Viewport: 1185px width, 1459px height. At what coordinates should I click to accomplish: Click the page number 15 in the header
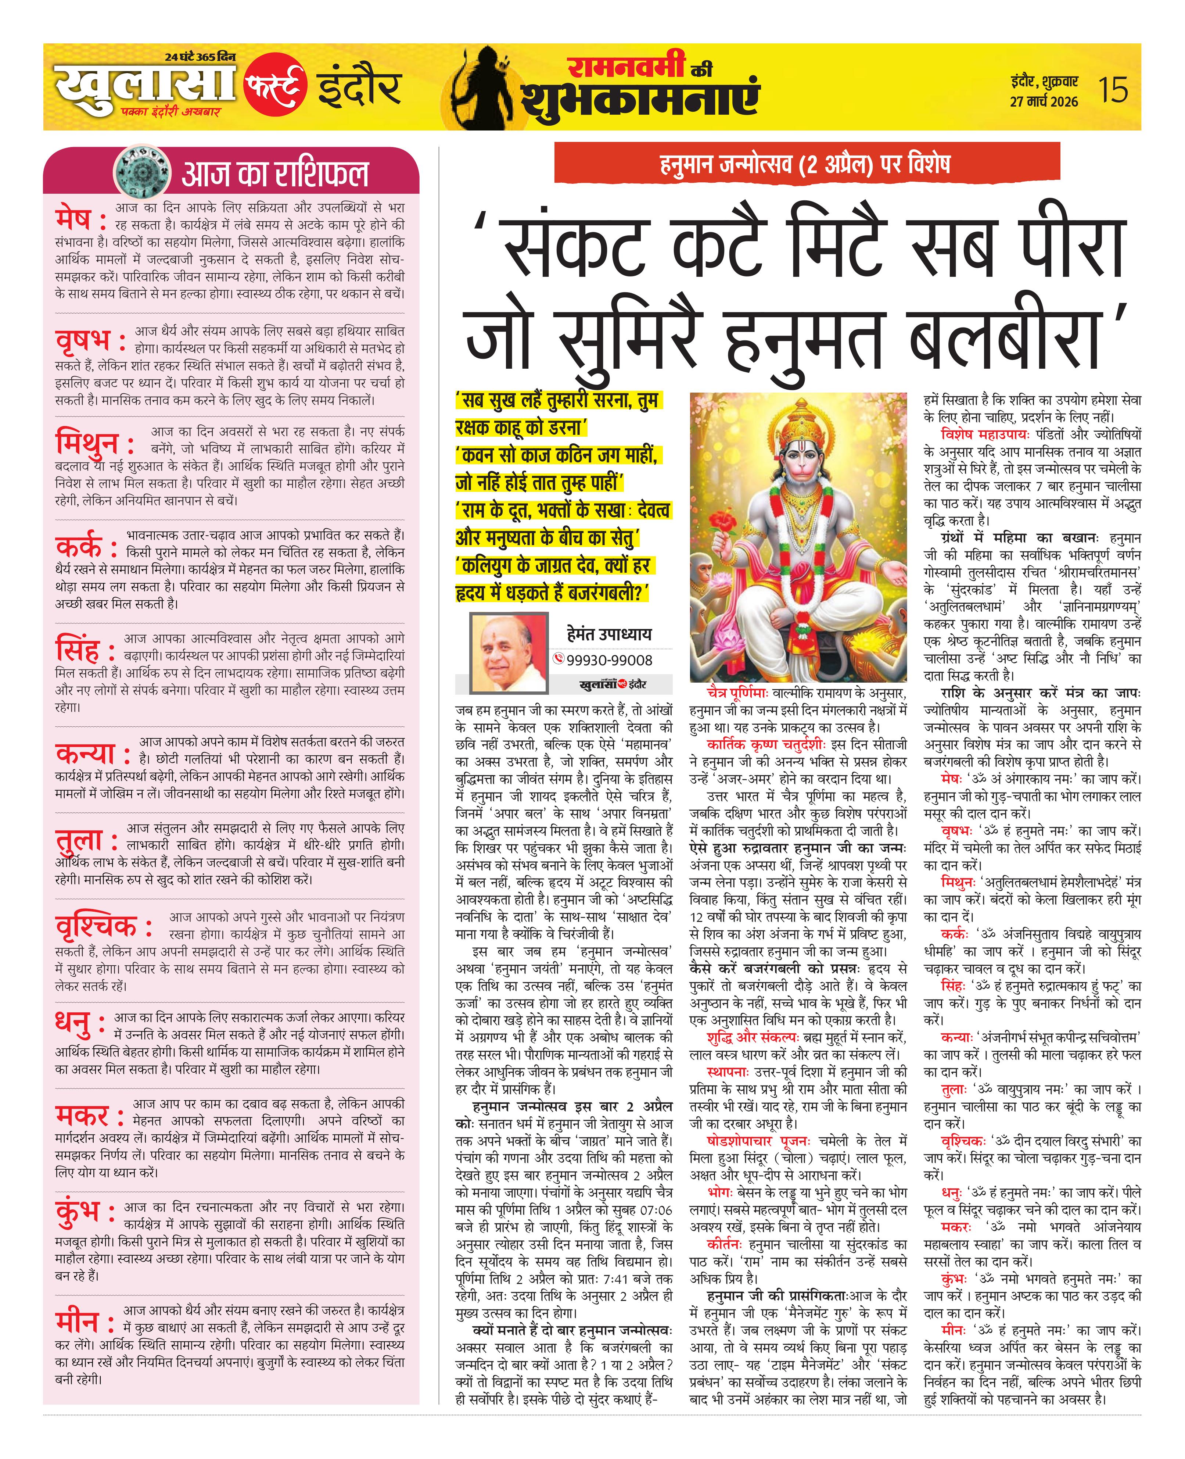click(x=1113, y=89)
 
